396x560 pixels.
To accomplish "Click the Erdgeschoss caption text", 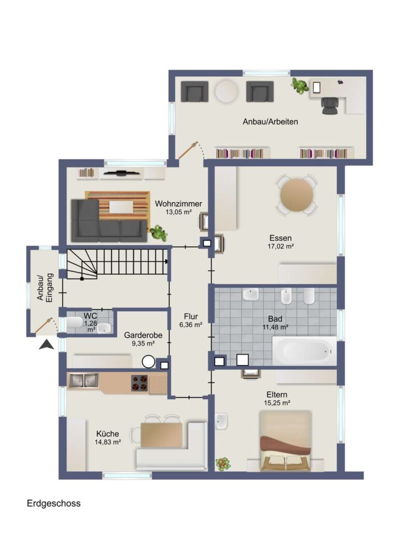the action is (53, 503).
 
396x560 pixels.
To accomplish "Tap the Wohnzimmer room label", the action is (178, 204).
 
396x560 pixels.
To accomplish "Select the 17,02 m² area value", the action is (280, 246).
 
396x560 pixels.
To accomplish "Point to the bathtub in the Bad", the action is (304, 351).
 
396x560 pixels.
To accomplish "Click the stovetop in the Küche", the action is (139, 383).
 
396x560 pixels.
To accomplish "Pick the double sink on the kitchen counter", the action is (83, 381).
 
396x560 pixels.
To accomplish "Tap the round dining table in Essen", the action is (296, 195).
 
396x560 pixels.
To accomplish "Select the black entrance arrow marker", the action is (47, 345).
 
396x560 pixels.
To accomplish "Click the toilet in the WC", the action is (75, 322).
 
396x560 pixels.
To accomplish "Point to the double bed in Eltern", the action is (285, 441).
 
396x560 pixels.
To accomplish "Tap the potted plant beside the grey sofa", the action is (158, 233).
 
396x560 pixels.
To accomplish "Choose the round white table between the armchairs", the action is (227, 92).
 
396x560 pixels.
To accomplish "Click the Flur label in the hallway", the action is (191, 316).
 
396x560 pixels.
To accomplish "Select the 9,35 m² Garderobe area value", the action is (143, 344).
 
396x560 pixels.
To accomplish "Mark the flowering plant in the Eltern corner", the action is (223, 464).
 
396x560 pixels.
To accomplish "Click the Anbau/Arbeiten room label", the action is (271, 122).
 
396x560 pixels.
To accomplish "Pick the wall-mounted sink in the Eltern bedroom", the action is (221, 422).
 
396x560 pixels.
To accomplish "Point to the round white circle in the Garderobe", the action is (149, 362).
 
